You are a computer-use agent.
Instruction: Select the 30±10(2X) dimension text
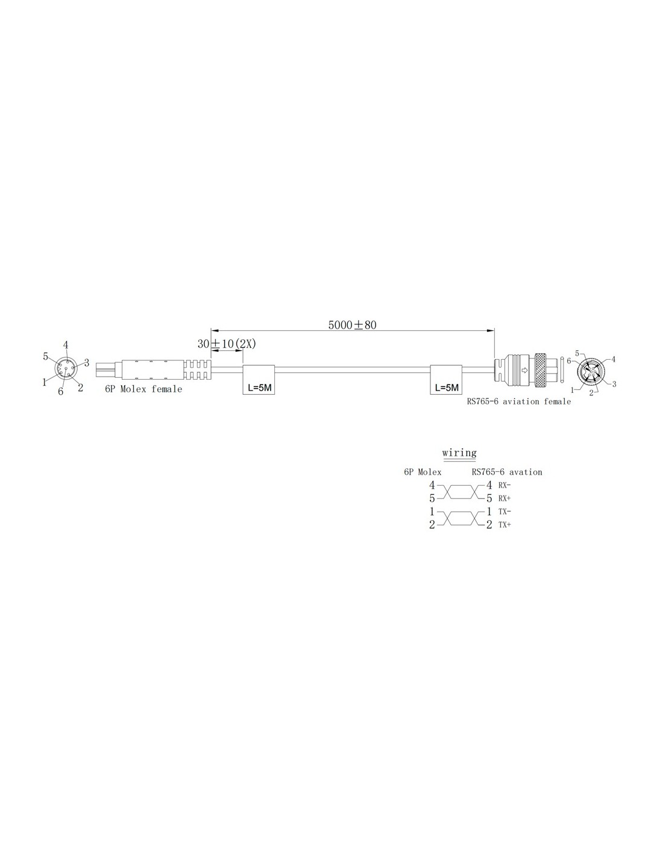(227, 344)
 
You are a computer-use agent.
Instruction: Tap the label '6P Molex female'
(143, 389)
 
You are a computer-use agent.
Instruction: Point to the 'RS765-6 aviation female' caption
(518, 401)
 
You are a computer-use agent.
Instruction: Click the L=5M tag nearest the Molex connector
(259, 380)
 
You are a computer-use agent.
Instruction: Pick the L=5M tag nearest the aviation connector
(446, 380)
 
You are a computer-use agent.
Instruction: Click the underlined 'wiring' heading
(459, 453)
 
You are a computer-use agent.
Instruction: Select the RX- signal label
(504, 486)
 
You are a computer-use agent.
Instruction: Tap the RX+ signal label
(504, 498)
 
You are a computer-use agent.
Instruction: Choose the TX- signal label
(504, 512)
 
